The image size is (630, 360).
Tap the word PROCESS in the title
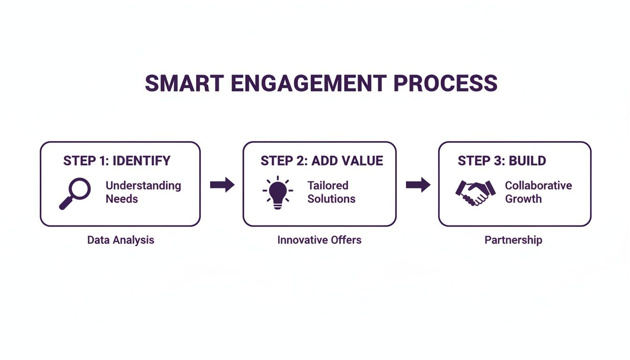point(445,83)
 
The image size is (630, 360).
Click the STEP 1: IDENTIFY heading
point(117,161)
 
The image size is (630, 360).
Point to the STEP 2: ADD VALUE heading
point(322,161)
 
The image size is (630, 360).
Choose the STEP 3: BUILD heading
point(502,161)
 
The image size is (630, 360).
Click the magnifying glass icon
point(75,193)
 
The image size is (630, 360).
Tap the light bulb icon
point(278,192)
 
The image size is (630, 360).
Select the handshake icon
point(475,193)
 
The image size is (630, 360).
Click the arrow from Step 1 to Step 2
point(222,185)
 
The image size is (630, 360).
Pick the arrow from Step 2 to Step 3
point(418,185)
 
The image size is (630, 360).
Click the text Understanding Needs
point(143,192)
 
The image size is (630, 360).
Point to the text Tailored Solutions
point(331,192)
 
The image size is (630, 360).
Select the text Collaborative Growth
point(538,192)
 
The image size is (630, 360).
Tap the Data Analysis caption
point(120,240)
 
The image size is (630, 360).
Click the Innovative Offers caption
point(319,240)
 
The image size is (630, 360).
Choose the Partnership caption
point(513,240)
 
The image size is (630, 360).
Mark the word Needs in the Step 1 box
point(122,199)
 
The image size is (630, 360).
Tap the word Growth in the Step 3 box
point(523,199)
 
